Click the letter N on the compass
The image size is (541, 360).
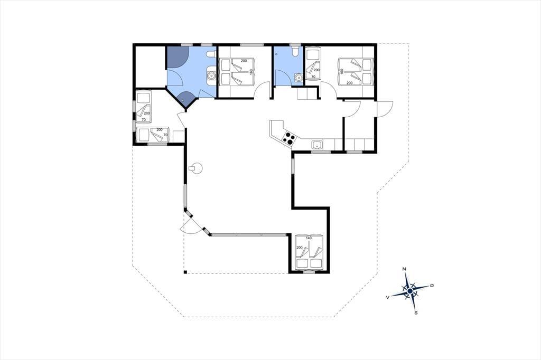[404, 269]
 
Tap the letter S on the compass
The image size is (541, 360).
[416, 313]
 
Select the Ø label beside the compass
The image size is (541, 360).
[432, 286]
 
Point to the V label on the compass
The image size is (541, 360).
[388, 297]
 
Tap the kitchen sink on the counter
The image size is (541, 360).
[317, 145]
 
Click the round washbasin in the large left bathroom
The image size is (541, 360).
[210, 74]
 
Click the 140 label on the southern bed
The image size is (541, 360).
[309, 238]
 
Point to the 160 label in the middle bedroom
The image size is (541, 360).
[251, 72]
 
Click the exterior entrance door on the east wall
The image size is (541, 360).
[385, 109]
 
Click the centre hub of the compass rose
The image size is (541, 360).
[409, 291]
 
